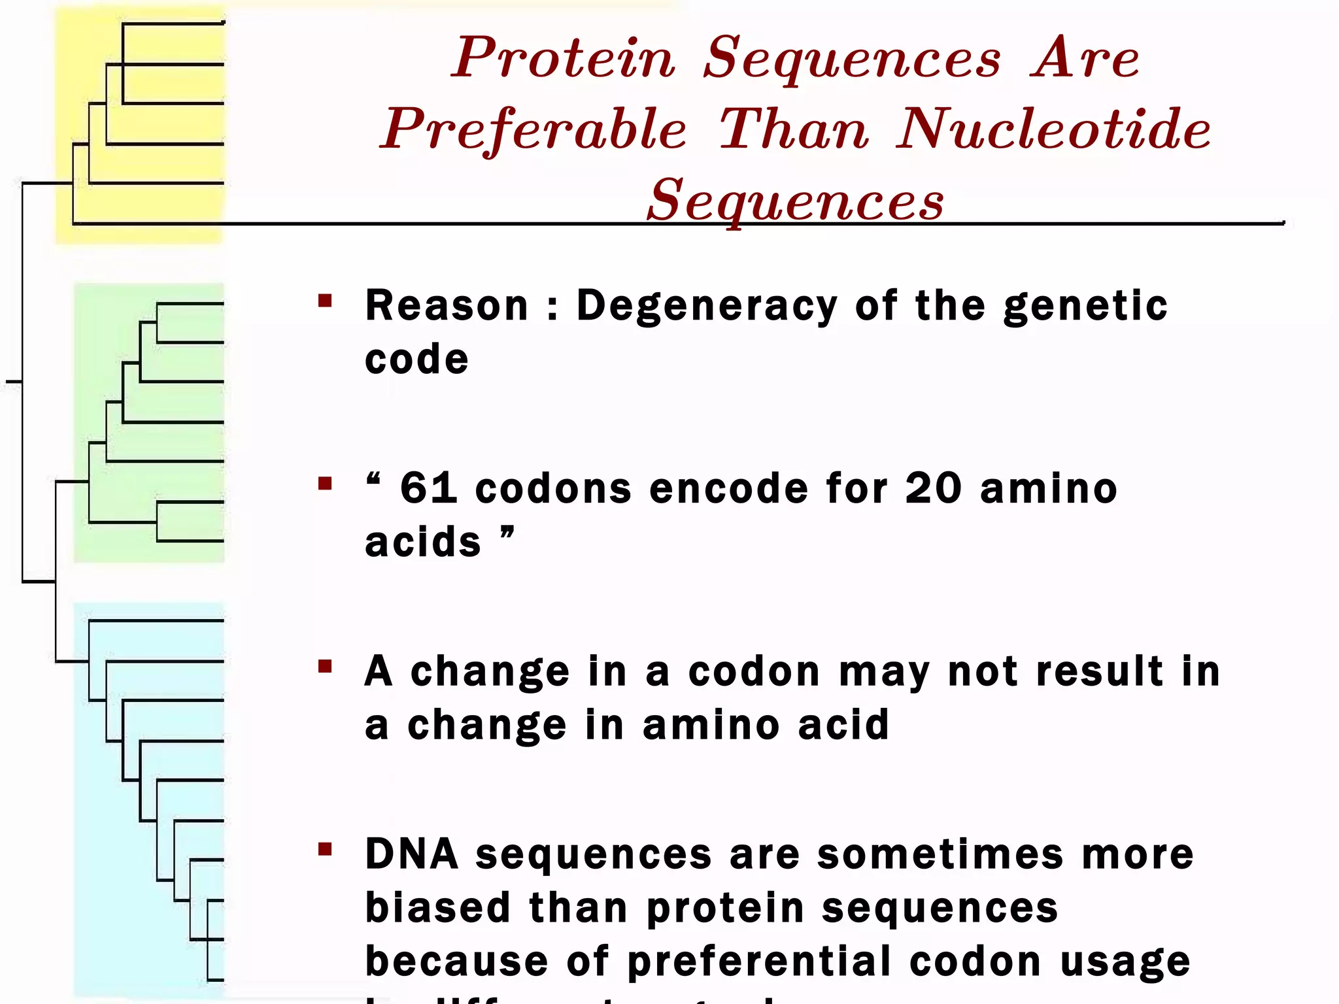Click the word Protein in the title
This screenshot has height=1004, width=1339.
564,59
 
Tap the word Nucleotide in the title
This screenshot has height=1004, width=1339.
1054,129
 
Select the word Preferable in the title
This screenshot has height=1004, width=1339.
534,129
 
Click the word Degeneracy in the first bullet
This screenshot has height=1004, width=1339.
707,306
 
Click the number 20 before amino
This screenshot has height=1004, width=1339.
934,488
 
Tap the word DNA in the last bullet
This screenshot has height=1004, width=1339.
412,854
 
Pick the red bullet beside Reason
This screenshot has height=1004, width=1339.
325,301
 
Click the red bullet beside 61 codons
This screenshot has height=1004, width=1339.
325,484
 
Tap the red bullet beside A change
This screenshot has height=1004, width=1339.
325,667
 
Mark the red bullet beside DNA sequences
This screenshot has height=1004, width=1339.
325,850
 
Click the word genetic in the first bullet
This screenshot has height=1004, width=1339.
1085,306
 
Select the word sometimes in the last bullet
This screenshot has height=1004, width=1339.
940,854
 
